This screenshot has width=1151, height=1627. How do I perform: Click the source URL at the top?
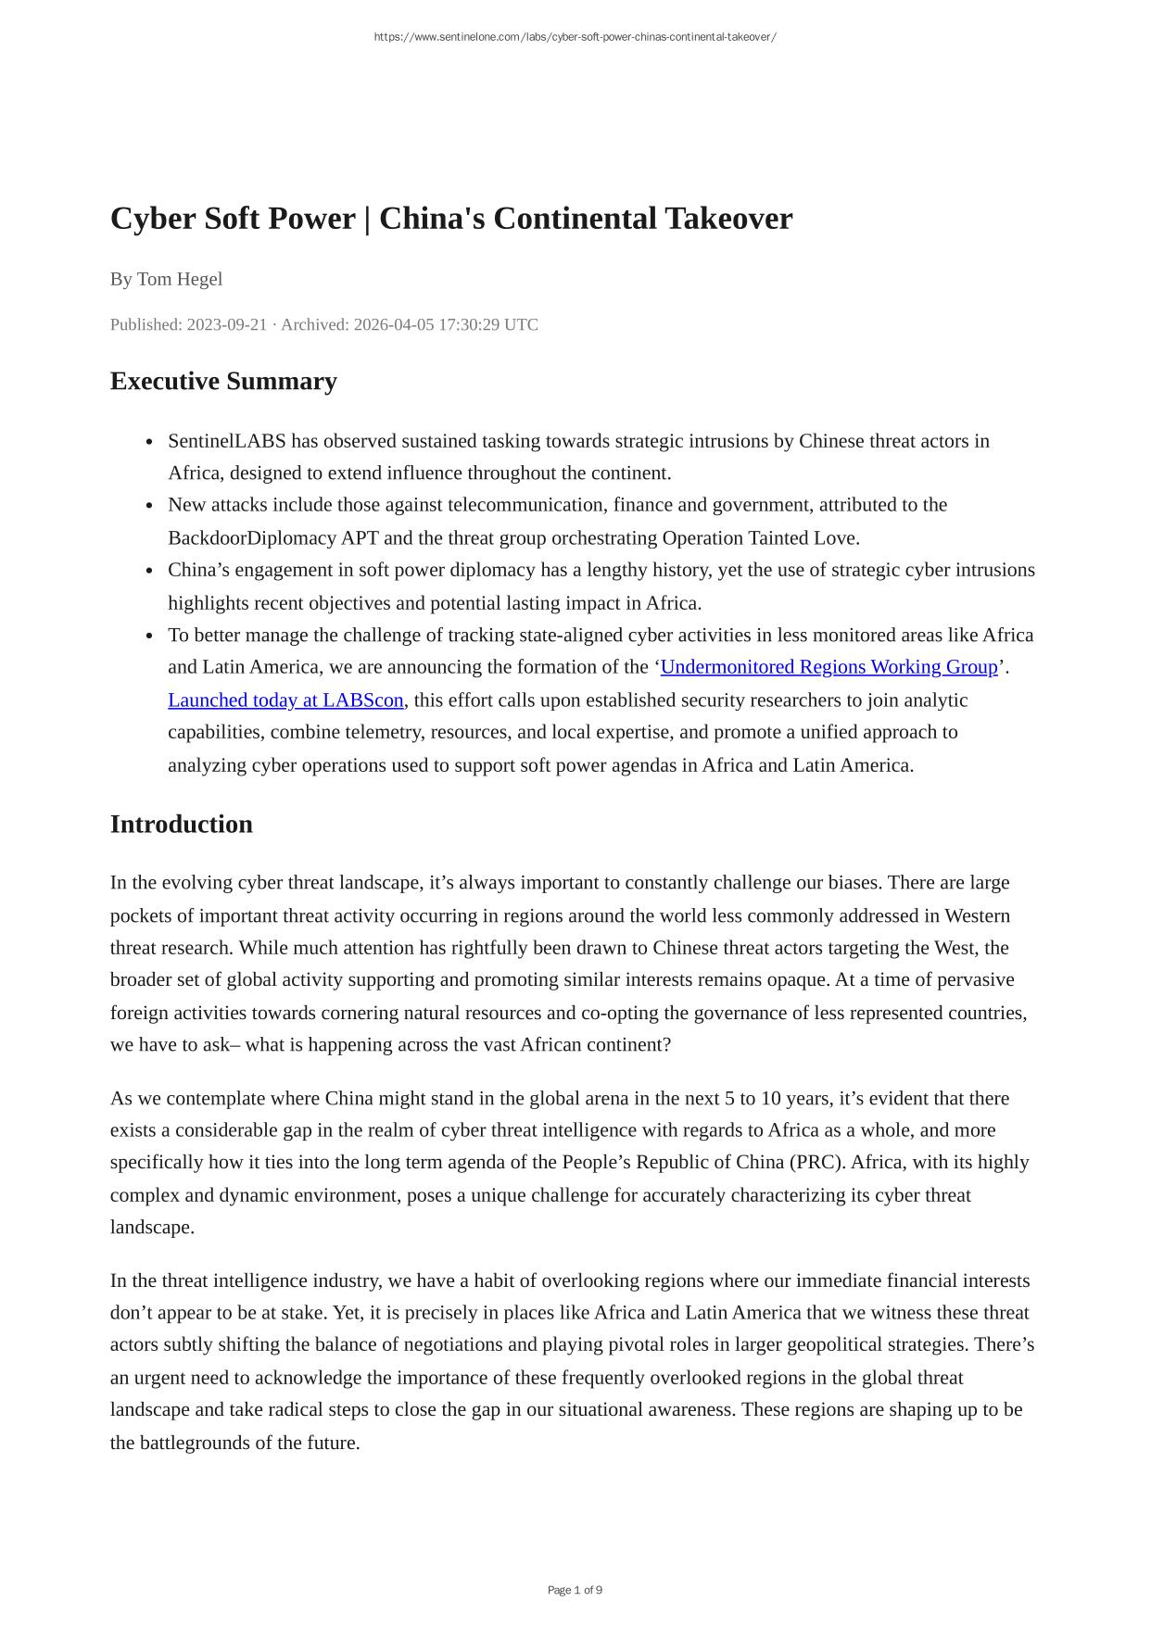coord(575,37)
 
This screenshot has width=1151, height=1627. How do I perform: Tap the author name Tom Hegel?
coord(180,279)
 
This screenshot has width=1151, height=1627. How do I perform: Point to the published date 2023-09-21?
coord(227,324)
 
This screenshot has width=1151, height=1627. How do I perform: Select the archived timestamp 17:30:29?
coord(469,324)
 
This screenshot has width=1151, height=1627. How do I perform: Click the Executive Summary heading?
coord(223,381)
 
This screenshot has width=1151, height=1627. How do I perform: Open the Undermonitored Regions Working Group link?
coord(828,667)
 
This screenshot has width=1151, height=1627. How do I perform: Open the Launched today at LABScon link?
coord(285,700)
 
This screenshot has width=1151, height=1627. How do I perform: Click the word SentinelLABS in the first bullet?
coord(227,441)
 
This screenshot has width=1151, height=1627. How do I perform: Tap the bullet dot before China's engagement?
coord(149,571)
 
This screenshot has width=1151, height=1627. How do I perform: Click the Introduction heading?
coord(182,824)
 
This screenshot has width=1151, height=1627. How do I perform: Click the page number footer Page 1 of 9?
coord(575,1590)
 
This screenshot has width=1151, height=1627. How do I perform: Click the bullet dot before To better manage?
coord(149,636)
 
